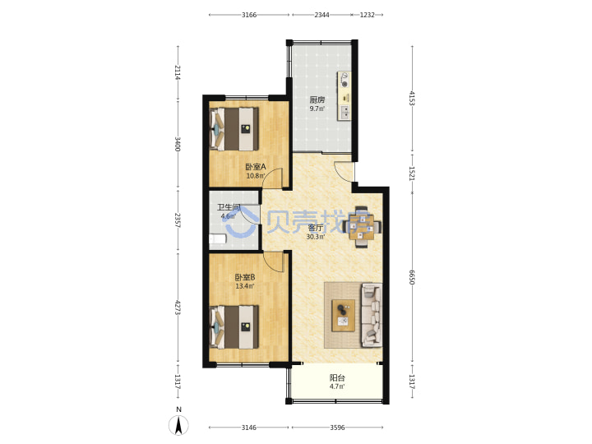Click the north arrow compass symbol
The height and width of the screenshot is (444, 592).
click(179, 425)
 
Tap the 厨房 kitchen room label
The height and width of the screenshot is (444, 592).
click(317, 100)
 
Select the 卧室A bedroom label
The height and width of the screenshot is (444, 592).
click(256, 166)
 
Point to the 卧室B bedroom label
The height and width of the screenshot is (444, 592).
click(245, 277)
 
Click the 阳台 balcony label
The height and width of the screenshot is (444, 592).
click(337, 377)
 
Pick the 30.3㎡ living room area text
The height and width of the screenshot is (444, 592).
click(316, 237)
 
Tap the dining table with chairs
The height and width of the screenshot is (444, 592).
click(362, 227)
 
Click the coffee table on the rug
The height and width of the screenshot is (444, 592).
click(343, 316)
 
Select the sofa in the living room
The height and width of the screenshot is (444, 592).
click(372, 315)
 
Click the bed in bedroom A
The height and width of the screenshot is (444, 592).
click(234, 129)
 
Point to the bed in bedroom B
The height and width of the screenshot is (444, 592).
click(234, 326)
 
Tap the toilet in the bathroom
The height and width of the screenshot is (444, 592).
click(218, 239)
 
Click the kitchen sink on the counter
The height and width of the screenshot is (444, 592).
click(345, 112)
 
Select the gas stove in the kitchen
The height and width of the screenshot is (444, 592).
click(345, 80)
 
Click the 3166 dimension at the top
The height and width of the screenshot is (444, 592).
click(249, 15)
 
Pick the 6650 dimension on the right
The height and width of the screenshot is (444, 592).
click(412, 277)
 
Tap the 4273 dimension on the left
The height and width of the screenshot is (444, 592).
click(178, 308)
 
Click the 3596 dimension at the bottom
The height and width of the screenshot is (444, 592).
click(338, 428)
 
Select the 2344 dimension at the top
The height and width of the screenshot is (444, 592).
click(321, 15)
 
